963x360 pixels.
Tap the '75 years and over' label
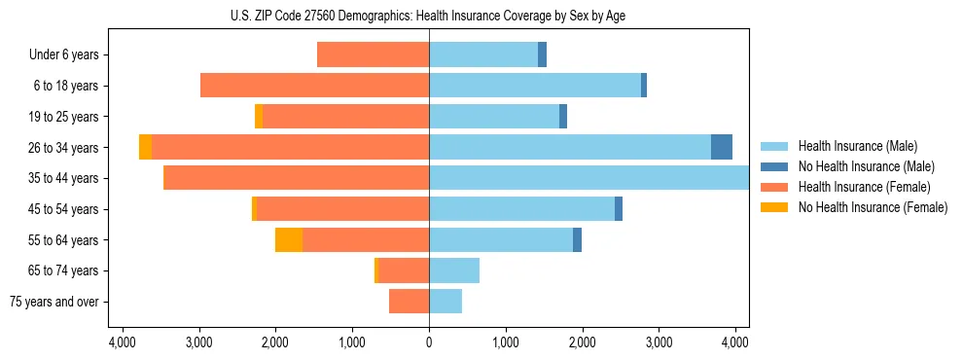[x=54, y=302]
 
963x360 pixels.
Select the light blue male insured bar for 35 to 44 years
[x=588, y=178]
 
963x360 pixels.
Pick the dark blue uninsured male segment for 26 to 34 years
[x=722, y=147]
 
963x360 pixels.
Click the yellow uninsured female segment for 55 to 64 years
[x=289, y=239]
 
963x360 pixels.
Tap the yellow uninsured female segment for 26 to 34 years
[x=145, y=147]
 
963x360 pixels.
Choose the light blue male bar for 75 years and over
[x=446, y=302]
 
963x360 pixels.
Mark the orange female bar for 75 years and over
[x=409, y=302]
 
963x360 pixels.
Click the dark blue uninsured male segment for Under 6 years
[x=542, y=54]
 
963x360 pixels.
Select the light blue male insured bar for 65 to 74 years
[x=454, y=270]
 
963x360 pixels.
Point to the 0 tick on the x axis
[x=429, y=342]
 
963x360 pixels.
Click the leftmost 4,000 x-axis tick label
[x=123, y=342]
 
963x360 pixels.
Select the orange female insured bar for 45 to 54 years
[x=342, y=209]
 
